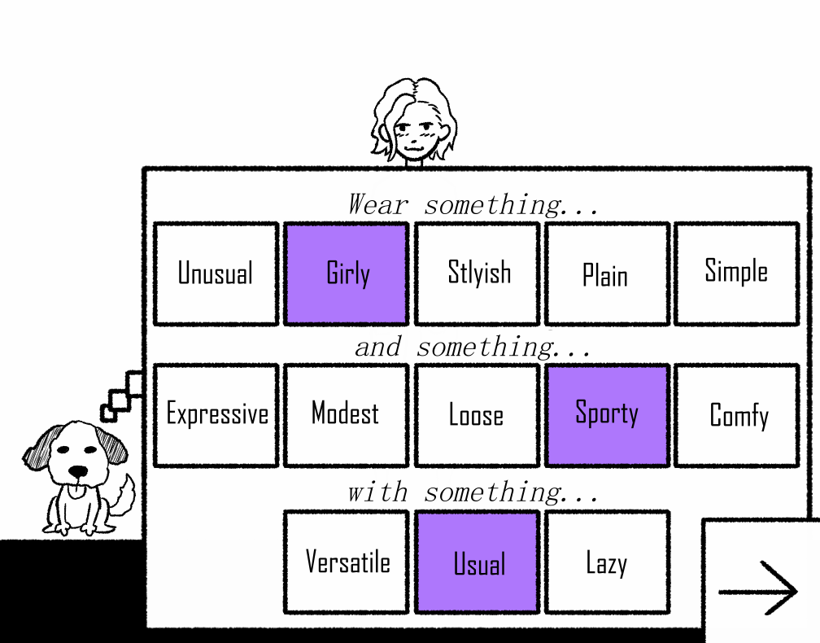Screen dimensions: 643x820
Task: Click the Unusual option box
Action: pyautogui.click(x=216, y=273)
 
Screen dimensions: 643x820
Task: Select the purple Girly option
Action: pyautogui.click(x=346, y=273)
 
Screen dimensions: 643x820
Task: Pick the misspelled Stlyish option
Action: pyautogui.click(x=477, y=273)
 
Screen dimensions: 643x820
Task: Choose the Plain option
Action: pyautogui.click(x=607, y=273)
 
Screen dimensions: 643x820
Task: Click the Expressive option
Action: pyautogui.click(x=216, y=415)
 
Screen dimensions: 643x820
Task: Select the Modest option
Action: pyautogui.click(x=346, y=415)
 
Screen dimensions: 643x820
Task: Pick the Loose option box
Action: pyautogui.click(x=477, y=415)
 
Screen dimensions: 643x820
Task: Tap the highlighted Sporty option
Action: pyautogui.click(x=607, y=415)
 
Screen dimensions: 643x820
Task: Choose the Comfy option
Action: pyautogui.click(x=737, y=415)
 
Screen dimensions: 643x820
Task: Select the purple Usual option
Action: pyautogui.click(x=477, y=562)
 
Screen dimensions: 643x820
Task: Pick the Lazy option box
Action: pyautogui.click(x=607, y=562)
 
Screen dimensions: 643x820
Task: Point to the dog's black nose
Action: pyautogui.click(x=77, y=471)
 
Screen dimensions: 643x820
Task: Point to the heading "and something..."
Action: pyautogui.click(x=473, y=348)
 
